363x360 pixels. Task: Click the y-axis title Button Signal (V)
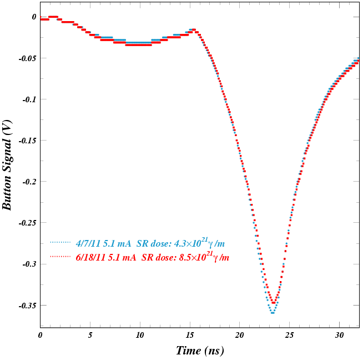(7, 165)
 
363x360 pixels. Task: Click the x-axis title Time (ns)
(200, 351)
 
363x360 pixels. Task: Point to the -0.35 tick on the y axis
(26, 305)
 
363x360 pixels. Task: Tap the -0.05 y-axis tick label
(26, 58)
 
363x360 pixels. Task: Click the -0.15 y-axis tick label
(26, 141)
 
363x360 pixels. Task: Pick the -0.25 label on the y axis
(26, 223)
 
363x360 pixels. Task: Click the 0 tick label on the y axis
(34, 17)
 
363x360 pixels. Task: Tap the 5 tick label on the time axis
(90, 335)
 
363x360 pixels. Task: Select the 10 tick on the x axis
(139, 335)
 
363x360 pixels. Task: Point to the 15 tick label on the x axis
(189, 335)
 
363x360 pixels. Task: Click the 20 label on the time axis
(239, 335)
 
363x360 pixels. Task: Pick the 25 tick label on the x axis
(289, 335)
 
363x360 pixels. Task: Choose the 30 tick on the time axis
(339, 335)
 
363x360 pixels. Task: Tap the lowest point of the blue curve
(273, 313)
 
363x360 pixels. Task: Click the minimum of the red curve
(274, 303)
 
